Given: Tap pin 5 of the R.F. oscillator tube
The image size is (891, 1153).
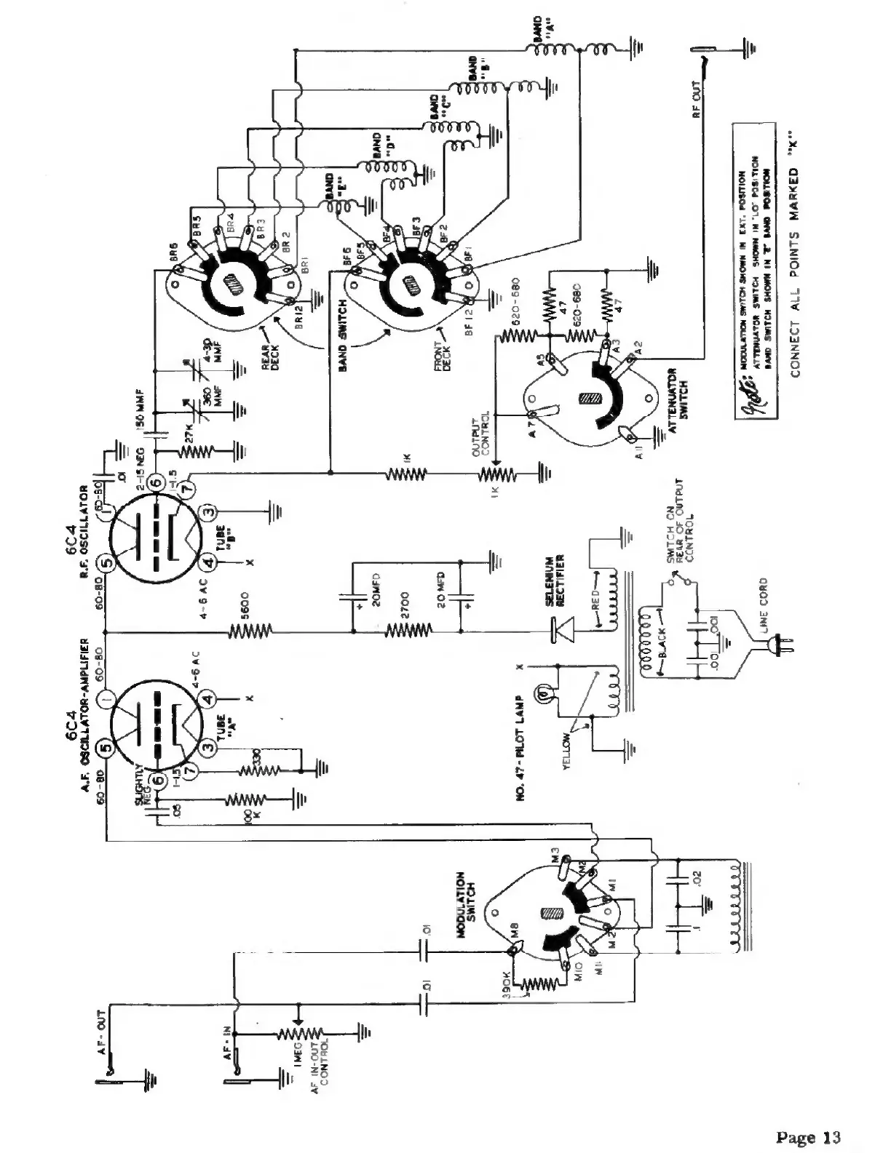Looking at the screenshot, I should click(105, 562).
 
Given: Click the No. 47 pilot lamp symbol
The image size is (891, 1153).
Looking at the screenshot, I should click(542, 694).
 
